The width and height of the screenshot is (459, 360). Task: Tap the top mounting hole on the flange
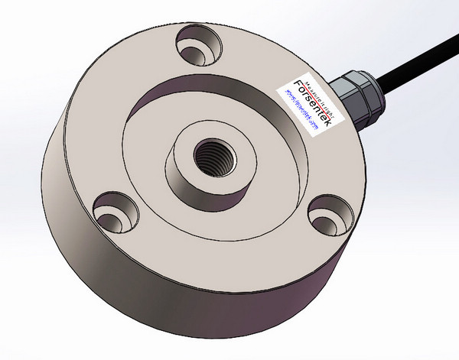click(x=194, y=44)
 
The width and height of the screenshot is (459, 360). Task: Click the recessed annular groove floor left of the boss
click(x=142, y=149)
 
